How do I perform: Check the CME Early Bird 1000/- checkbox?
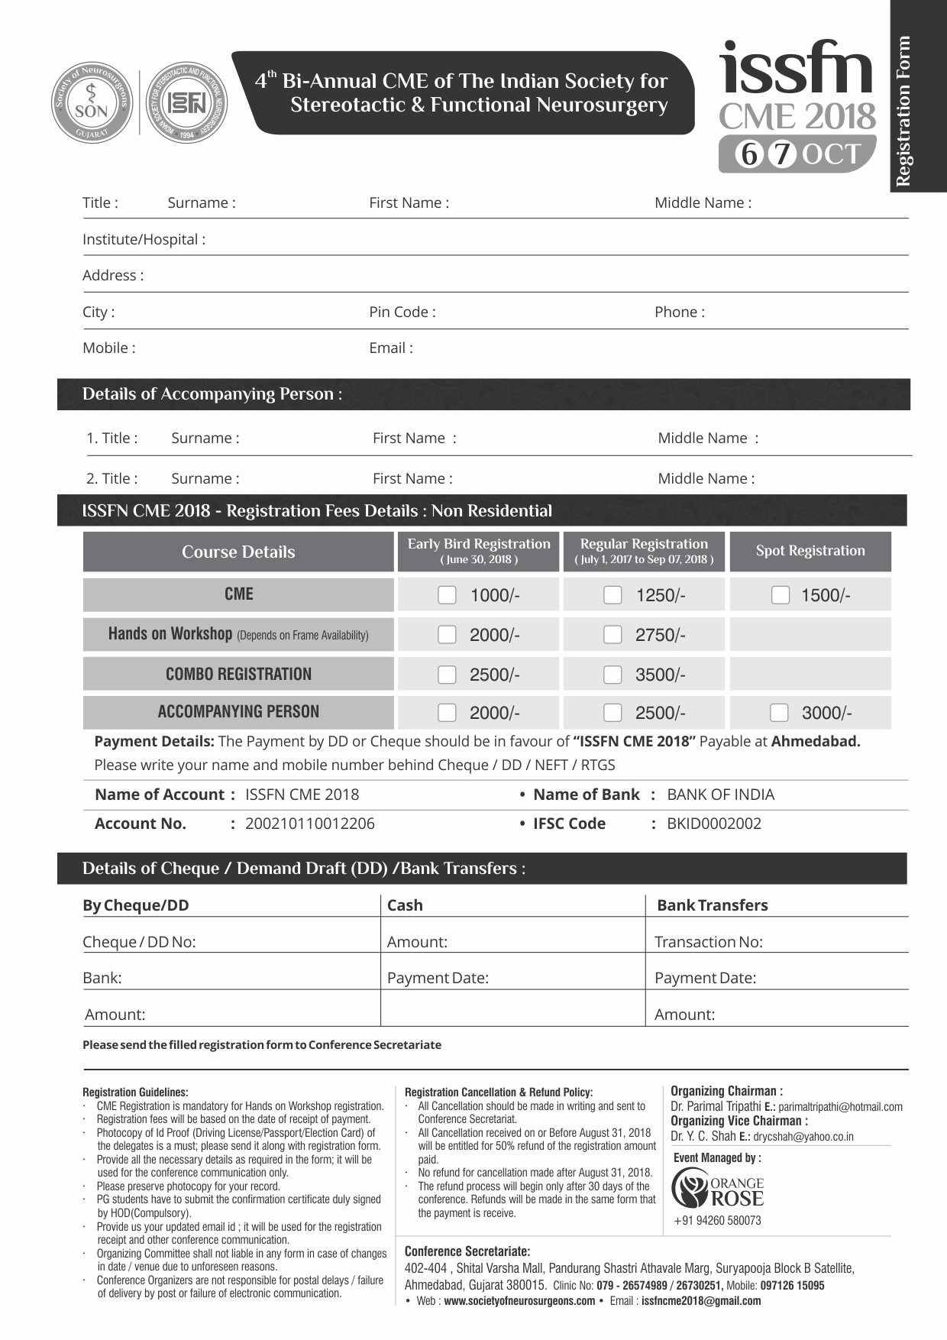447,595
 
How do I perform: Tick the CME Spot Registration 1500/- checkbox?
780,595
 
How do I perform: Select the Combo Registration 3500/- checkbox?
612,675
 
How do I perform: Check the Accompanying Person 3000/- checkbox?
779,713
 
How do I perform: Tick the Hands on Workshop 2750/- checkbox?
612,635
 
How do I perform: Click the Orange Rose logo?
717,1189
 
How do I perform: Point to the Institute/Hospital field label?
144,240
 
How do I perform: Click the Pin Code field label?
402,312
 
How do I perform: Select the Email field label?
391,348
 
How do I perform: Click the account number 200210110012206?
309,824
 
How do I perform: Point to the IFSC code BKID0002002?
713,824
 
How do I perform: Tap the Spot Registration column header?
810,551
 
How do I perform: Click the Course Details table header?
238,552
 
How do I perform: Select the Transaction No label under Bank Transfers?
708,942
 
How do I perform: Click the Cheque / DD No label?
139,942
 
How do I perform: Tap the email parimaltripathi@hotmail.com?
840,1107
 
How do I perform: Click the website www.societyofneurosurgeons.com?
519,1301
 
